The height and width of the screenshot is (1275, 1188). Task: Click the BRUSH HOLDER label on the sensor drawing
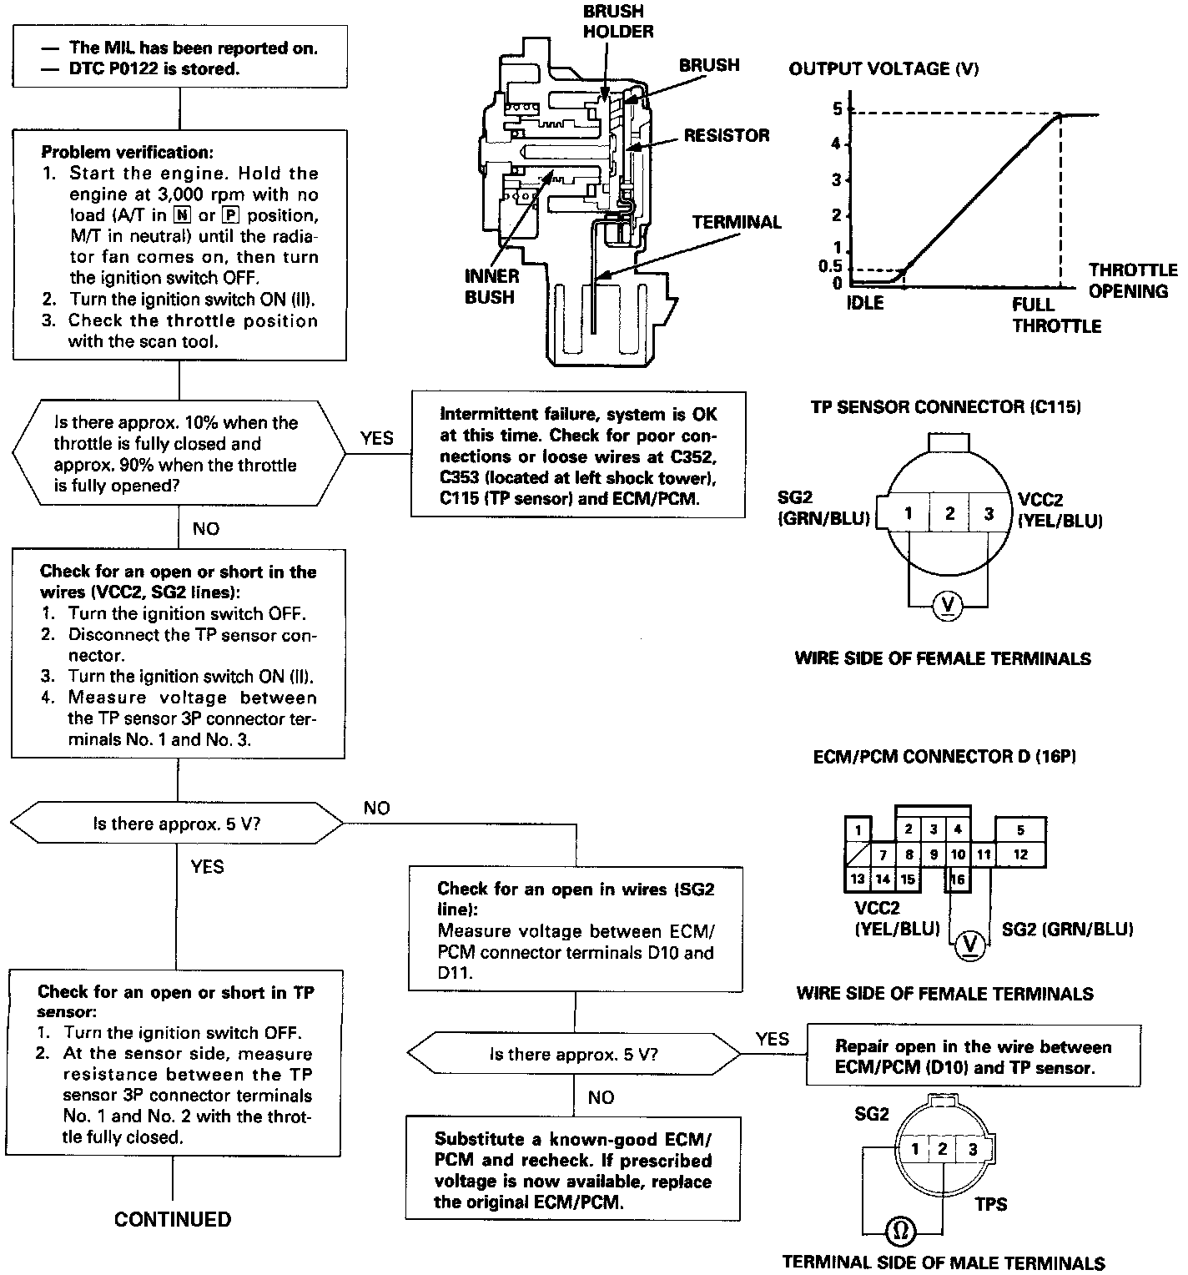coord(617,22)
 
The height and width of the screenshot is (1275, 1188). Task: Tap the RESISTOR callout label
coord(727,135)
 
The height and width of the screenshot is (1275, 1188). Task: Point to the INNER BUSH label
coord(491,286)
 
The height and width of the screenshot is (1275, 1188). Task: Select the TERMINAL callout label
coord(737,222)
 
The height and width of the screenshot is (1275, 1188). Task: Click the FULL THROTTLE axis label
coord(1055,315)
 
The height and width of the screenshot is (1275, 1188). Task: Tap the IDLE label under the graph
coord(864,304)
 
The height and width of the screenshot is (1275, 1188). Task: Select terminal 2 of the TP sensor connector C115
coord(949,513)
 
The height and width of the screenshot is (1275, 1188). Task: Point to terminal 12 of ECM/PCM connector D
coord(1020,854)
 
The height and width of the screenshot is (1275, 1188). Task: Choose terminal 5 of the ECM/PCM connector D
coord(1020,829)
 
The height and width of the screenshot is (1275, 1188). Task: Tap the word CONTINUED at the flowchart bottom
coord(173,1219)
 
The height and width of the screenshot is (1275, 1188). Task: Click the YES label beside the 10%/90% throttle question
coord(377,438)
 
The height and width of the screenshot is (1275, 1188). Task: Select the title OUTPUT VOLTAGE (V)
coord(883,68)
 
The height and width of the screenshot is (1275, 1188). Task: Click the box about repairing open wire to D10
coord(973,1056)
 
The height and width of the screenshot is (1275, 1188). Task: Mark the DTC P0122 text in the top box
coord(154,68)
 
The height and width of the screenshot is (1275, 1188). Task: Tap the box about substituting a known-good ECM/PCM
coord(573,1171)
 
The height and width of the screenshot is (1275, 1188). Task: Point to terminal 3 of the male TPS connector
coord(972,1149)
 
